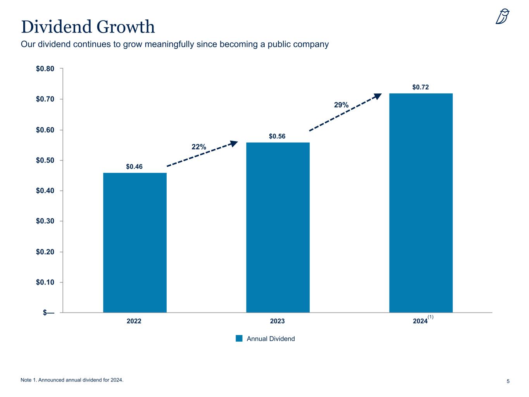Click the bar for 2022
point(134,242)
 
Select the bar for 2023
point(277,227)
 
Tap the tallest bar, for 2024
point(421,203)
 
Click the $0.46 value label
point(134,167)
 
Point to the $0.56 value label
point(277,136)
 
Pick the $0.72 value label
point(420,87)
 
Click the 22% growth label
point(199,147)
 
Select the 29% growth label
point(341,105)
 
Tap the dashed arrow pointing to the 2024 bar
point(345,112)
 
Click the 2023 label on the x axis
point(277,321)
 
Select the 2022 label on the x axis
point(134,321)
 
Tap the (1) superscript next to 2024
point(430,318)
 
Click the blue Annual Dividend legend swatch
point(239,338)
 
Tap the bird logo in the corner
point(503,17)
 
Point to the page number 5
point(508,381)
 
